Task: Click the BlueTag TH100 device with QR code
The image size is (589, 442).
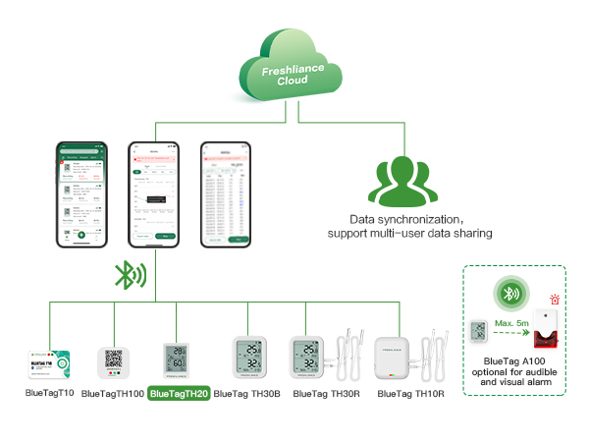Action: coord(114,360)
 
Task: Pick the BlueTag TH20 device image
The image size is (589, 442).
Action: coord(178,360)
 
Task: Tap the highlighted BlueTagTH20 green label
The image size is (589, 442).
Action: coord(178,393)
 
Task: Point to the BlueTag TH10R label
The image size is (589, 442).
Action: coord(410,394)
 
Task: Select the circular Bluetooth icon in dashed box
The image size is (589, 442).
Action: coord(509,294)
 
